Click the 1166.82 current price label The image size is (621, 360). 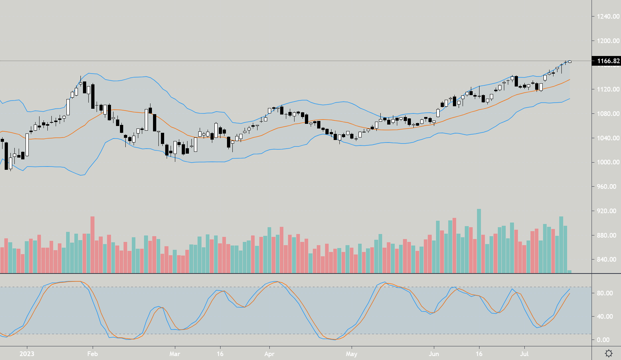click(608, 61)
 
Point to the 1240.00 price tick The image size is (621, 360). click(608, 17)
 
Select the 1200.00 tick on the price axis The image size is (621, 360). click(608, 41)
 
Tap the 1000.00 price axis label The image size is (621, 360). click(608, 162)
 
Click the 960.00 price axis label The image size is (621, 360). click(608, 187)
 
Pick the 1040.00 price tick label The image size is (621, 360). click(608, 138)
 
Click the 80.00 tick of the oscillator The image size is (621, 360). click(605, 293)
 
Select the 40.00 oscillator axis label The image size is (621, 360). click(605, 317)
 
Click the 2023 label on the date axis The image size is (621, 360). click(27, 354)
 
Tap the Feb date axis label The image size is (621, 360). click(92, 354)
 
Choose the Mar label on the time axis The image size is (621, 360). click(175, 354)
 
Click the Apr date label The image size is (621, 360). click(269, 354)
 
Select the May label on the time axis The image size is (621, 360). click(352, 354)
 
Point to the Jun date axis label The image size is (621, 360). click(434, 354)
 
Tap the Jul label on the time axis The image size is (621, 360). click(524, 354)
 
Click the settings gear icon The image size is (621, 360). click(609, 354)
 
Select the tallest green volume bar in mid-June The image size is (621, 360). click(479, 240)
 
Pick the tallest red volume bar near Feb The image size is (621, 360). click(93, 244)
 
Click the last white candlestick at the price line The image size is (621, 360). click(570, 62)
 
